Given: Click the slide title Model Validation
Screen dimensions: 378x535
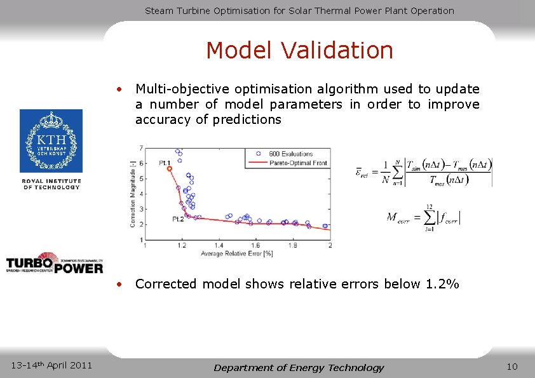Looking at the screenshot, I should tap(299, 50).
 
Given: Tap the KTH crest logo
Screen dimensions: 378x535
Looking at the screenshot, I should tap(51, 141).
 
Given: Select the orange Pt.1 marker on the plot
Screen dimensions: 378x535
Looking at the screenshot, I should tap(170, 168).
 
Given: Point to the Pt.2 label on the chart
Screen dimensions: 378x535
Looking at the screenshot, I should tap(179, 219).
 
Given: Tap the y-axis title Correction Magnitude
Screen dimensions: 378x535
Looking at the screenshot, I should tap(133, 194).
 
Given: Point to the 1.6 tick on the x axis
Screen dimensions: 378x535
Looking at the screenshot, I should tap(256, 245).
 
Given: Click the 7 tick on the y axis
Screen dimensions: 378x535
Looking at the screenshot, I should tap(140, 148).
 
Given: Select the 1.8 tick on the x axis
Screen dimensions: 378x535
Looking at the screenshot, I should tap(293, 245).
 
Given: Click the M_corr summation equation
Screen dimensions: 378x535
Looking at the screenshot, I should tap(424, 218).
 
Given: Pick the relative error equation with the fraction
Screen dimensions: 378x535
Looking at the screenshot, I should tap(423, 172).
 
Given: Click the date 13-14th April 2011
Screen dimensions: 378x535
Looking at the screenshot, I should tap(52, 365).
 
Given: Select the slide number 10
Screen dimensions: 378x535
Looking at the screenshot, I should tap(512, 367).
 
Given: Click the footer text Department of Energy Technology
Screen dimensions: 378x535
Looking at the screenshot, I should tap(299, 367).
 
